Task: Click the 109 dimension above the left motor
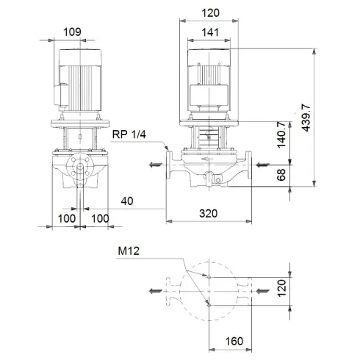pyautogui.click(x=73, y=32)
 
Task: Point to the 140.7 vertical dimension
pyautogui.click(x=281, y=134)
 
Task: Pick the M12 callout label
pyautogui.click(x=129, y=251)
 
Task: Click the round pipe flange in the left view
pyautogui.click(x=79, y=169)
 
